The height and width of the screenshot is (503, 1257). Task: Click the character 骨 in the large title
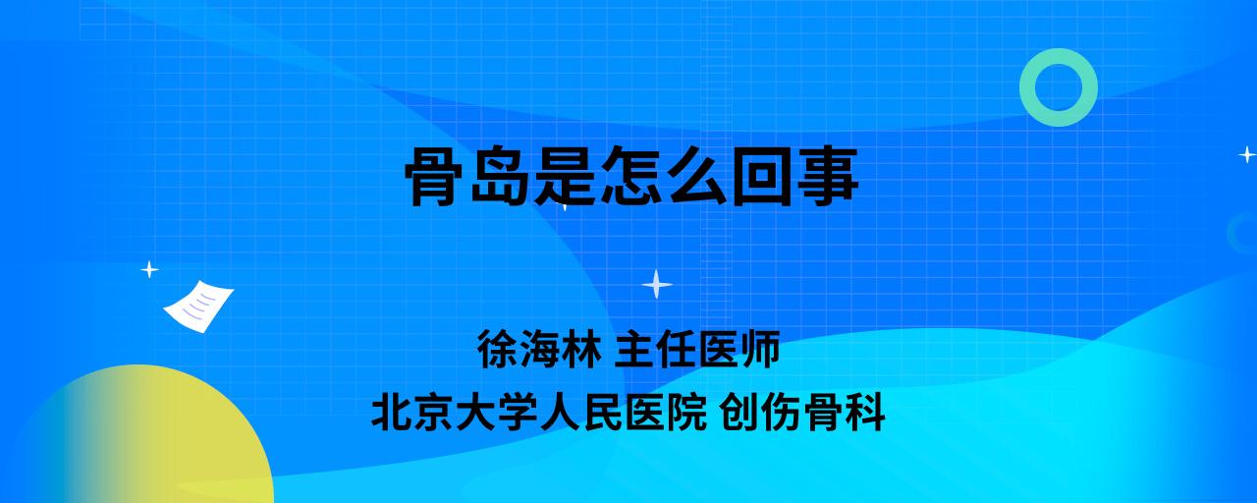434,176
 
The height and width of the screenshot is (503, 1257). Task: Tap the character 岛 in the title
499,176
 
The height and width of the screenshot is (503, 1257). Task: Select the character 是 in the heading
565,176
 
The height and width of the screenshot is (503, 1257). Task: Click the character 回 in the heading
761,176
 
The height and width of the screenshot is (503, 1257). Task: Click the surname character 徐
497,349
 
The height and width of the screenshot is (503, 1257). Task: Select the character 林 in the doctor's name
580,349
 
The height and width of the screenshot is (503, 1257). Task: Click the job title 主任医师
697,349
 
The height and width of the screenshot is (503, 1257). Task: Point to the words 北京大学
454,412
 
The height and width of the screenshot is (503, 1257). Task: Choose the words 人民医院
623,412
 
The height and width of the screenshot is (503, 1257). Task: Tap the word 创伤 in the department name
760,412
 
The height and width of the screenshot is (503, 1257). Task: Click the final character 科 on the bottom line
864,412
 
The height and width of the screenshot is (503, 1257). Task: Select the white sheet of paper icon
198,307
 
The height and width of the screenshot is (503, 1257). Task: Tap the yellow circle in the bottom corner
140,438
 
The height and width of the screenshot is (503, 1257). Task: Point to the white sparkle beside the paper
149,270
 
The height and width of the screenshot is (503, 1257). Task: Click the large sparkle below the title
657,284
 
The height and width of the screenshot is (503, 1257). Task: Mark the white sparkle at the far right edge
1247,154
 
